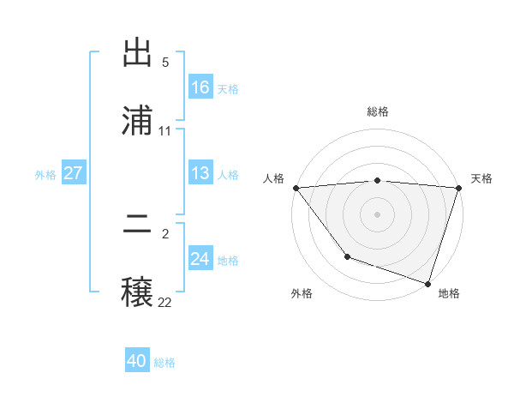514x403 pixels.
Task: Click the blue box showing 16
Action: (200, 87)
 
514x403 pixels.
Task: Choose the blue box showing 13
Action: (200, 173)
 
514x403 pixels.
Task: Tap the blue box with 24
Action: (200, 259)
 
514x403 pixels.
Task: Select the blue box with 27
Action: (74, 173)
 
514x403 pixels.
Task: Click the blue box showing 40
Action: (137, 361)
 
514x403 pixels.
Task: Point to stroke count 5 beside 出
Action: (165, 63)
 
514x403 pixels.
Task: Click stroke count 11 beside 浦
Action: (165, 131)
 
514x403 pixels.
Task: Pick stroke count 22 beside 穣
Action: (165, 302)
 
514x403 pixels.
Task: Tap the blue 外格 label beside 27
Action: (45, 175)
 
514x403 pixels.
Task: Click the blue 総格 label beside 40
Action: (164, 363)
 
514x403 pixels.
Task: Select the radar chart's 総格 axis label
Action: (378, 111)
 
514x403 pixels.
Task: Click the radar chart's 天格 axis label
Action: (482, 178)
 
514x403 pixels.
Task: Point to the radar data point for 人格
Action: (296, 188)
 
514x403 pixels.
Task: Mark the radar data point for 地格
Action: (427, 283)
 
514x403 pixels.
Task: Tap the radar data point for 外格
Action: (347, 256)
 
